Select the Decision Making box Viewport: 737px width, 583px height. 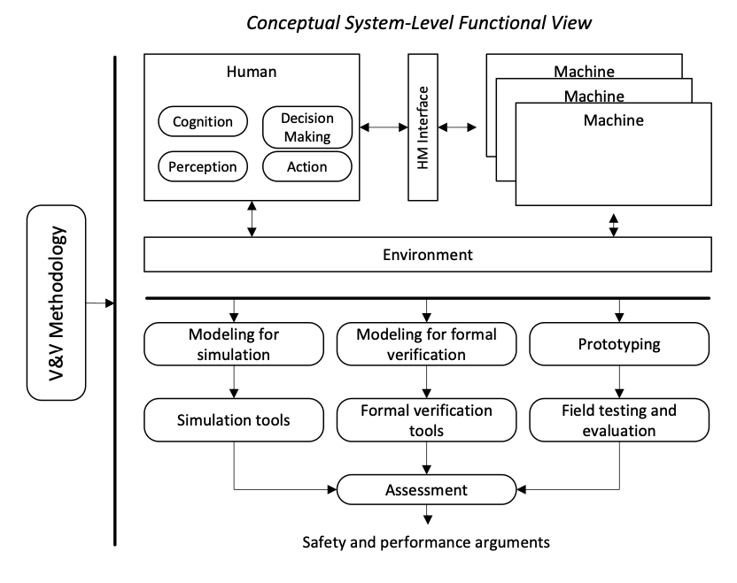tap(307, 127)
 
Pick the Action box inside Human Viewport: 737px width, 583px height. tap(307, 166)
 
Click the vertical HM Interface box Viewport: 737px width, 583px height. tap(423, 127)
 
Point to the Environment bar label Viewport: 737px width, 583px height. tap(428, 255)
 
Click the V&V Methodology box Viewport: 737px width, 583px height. tap(57, 303)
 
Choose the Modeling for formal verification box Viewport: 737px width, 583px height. tap(427, 344)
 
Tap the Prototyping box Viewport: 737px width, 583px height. tap(619, 344)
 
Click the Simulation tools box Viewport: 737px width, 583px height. tap(233, 419)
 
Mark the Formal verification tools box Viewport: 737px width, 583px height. tap(427, 419)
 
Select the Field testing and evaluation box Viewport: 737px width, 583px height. tap(619, 419)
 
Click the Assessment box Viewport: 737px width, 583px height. tap(427, 489)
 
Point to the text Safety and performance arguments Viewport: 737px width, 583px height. tap(426, 541)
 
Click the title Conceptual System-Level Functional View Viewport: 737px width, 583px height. tap(419, 23)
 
